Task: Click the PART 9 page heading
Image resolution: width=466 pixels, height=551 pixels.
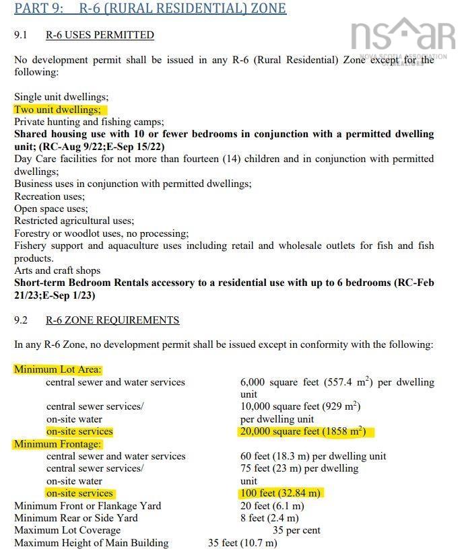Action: [x=150, y=9]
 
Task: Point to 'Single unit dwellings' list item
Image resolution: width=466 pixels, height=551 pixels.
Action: [x=61, y=98]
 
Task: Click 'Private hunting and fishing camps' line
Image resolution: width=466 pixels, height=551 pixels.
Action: [x=89, y=122]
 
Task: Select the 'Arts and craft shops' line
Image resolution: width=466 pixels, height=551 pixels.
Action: [x=57, y=270]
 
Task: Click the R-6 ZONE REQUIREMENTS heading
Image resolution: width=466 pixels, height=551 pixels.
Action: [x=112, y=320]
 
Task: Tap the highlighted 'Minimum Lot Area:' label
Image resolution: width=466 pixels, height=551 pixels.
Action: [x=58, y=369]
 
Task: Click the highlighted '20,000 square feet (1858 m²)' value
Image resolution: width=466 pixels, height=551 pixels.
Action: [x=307, y=431]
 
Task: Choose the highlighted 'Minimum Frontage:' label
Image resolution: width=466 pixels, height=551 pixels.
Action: [x=58, y=444]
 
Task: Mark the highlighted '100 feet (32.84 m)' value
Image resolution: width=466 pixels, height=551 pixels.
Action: [x=281, y=493]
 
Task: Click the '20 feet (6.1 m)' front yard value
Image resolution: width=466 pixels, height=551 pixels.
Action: [x=272, y=506]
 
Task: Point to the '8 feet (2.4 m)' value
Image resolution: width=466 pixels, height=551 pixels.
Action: [x=269, y=518]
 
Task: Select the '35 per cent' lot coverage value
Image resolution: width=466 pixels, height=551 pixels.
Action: [x=296, y=530]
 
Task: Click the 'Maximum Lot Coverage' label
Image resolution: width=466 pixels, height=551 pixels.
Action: [x=67, y=530]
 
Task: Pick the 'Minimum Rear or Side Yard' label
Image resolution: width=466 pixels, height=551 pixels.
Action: [x=76, y=518]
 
